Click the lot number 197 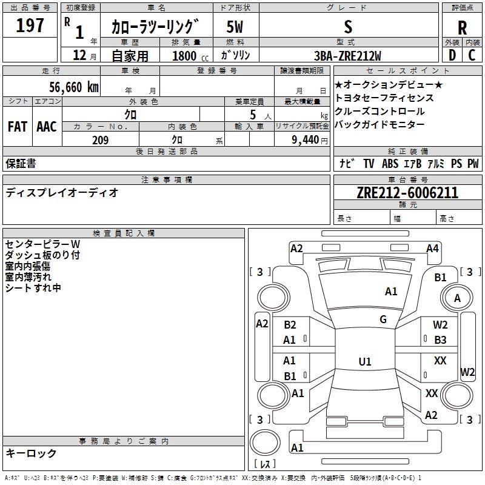click(30, 26)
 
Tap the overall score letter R click(462, 28)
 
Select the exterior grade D click(452, 55)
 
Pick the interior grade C click(472, 55)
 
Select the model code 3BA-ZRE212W click(348, 56)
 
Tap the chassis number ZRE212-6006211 click(407, 193)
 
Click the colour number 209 click(100, 140)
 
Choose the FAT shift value click(17, 127)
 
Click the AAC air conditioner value click(47, 127)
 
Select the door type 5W click(235, 27)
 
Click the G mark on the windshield click(383, 319)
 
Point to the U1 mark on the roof click(364, 362)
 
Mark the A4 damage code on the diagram click(432, 248)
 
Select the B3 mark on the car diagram click(440, 340)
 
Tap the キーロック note click(32, 453)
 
